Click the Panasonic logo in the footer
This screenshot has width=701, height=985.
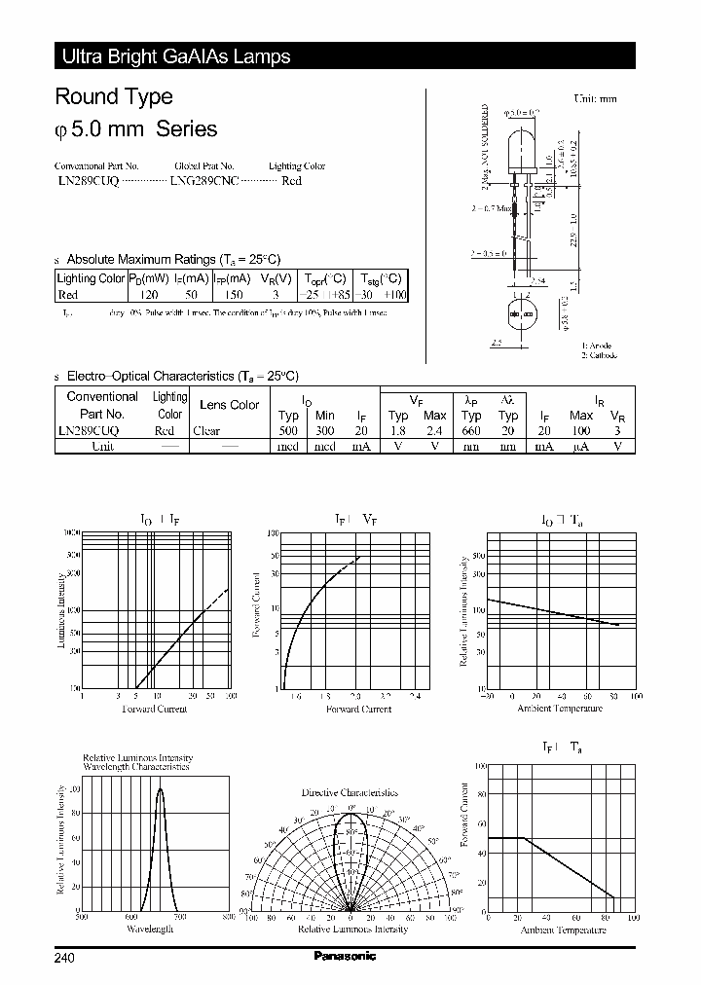tap(345, 956)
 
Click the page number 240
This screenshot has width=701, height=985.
tap(64, 958)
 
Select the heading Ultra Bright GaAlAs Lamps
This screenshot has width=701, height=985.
tap(176, 57)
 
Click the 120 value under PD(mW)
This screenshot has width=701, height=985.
tap(149, 294)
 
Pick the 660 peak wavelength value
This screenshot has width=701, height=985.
tap(471, 430)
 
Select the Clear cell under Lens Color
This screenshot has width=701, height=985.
tap(206, 430)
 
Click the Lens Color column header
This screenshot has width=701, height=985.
tap(229, 404)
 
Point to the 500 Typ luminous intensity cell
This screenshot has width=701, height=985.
tap(288, 430)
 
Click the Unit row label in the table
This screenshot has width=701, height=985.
tap(102, 446)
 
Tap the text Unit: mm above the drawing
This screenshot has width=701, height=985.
tap(595, 98)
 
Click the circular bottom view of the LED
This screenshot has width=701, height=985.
tap(522, 314)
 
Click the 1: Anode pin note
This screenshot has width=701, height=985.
tap(597, 346)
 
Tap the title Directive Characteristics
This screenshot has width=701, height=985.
tap(350, 792)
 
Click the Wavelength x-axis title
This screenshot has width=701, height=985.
tap(150, 930)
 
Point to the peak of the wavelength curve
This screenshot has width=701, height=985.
tap(161, 788)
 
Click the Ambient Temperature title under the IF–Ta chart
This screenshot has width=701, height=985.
tap(562, 930)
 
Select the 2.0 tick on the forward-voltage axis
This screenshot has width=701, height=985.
tap(355, 697)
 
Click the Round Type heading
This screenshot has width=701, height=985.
tap(114, 96)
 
